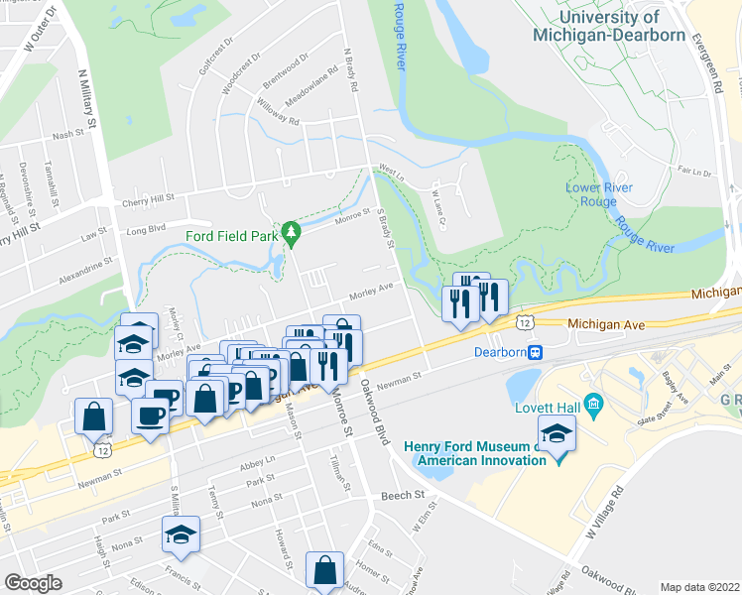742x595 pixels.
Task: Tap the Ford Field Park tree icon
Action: pyautogui.click(x=291, y=234)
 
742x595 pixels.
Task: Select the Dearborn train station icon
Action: pyautogui.click(x=537, y=352)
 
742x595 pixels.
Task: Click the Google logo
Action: pyautogui.click(x=33, y=582)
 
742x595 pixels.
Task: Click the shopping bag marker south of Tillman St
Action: pyautogui.click(x=324, y=571)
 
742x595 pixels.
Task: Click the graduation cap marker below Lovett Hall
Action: pyautogui.click(x=556, y=434)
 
